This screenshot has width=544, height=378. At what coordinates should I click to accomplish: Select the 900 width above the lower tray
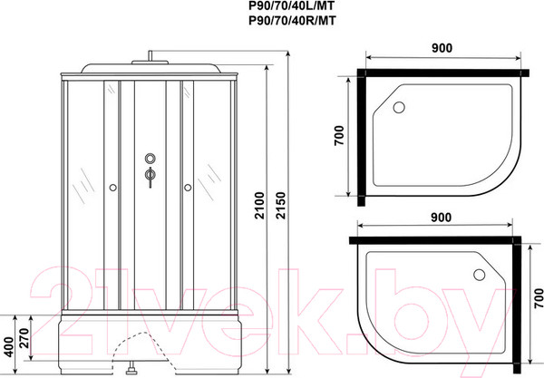[x=440, y=217]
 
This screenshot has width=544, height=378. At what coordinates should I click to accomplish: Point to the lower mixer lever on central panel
[x=149, y=177]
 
